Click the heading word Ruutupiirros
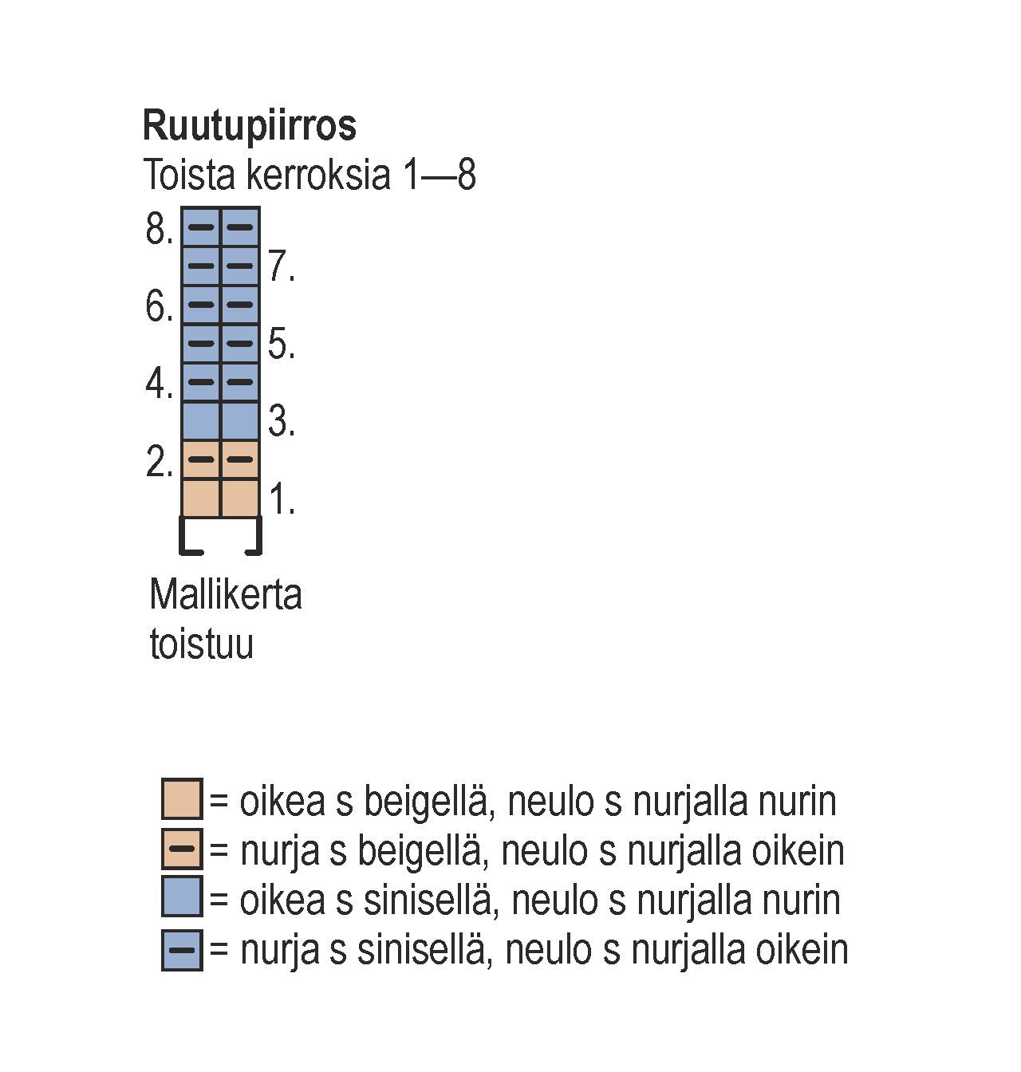pos(249,126)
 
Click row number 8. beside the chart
pos(159,230)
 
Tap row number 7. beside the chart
pos(282,266)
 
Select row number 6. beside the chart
pos(159,307)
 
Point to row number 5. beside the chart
pos(282,345)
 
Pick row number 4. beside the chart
pos(159,384)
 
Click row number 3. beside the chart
pos(282,421)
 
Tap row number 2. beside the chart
pos(159,462)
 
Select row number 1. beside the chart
pos(282,500)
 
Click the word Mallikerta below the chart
pos(226,595)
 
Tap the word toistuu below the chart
pos(201,644)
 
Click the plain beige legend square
pos(182,799)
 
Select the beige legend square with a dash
pos(182,849)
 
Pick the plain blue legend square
pos(182,897)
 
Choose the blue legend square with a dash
pos(182,949)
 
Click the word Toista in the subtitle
pos(189,175)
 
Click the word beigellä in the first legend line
pos(424,802)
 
